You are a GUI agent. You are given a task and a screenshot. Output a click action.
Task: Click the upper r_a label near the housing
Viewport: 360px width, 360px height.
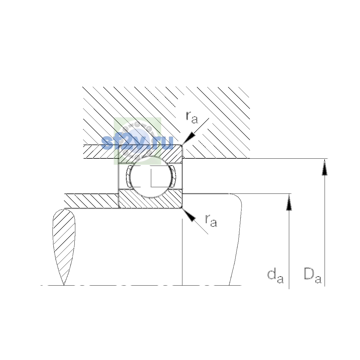pos(192,118)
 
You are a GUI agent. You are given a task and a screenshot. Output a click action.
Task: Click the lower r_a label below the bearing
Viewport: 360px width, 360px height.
pos(211,221)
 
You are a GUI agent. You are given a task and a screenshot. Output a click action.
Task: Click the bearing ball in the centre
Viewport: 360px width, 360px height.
pos(151,177)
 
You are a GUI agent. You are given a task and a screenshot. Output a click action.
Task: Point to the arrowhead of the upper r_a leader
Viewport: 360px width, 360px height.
pos(188,138)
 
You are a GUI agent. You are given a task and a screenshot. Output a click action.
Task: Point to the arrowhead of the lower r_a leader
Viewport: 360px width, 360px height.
pos(189,215)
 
